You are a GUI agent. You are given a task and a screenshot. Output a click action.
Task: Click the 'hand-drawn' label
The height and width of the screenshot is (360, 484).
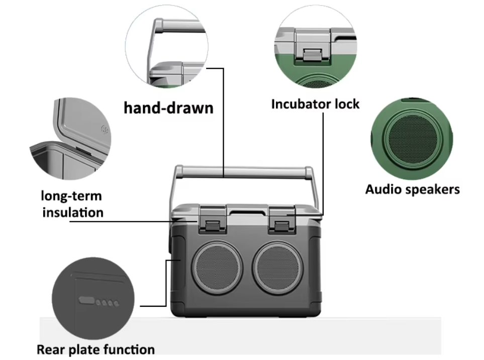tap(168, 107)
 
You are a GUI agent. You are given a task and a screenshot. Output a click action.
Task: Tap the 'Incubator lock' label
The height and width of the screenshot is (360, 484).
tap(315, 104)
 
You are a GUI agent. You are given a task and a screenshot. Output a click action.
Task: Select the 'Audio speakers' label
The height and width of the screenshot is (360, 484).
tap(412, 189)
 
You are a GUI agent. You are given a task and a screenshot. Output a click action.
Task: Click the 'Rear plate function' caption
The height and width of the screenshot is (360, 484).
tap(95, 349)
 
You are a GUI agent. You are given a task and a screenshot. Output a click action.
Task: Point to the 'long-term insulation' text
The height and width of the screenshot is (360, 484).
tap(72, 204)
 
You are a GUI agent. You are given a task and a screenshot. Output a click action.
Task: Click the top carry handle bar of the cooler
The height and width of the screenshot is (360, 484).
tap(244, 172)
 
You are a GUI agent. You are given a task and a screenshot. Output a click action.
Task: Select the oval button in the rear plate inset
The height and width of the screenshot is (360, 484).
tap(86, 301)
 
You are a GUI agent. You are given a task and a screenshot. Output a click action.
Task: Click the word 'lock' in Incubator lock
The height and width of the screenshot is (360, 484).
tap(347, 104)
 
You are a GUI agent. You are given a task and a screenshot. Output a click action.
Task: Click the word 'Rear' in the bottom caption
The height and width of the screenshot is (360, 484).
tap(50, 349)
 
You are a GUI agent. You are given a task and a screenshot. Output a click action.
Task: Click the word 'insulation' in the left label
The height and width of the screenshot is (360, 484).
tap(72, 212)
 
